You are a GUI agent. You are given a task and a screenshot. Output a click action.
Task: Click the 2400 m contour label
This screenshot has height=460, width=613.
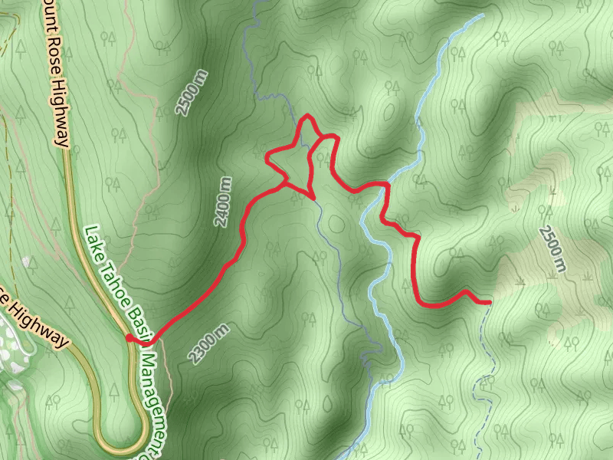pyautogui.click(x=223, y=202)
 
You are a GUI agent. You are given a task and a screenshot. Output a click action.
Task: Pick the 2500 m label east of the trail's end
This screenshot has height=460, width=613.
pyautogui.click(x=552, y=249)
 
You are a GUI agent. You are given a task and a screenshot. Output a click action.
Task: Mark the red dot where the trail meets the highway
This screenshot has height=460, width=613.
pyautogui.click(x=128, y=337)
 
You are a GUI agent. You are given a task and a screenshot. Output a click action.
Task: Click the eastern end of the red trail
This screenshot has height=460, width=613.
pyautogui.click(x=488, y=303)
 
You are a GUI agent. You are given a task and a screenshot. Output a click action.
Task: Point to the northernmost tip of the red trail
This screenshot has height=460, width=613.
pyautogui.click(x=307, y=116)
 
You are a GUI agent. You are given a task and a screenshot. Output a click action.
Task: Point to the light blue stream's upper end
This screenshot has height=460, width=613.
pyautogui.click(x=482, y=15)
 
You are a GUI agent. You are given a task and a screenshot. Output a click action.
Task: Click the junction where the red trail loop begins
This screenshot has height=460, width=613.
pyautogui.click(x=285, y=184)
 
